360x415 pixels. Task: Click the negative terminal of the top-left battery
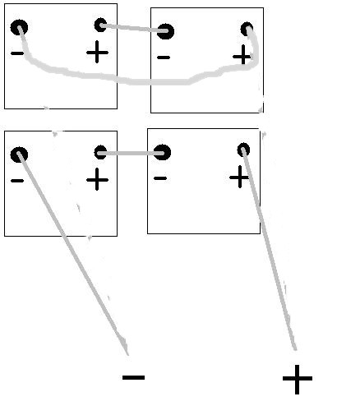click(x=19, y=27)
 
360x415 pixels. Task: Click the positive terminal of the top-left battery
click(x=100, y=25)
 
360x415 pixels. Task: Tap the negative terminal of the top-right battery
click(x=165, y=31)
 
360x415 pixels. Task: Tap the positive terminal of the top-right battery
click(x=247, y=29)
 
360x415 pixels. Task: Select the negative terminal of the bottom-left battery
click(x=19, y=154)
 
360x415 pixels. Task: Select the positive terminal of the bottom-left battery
click(x=100, y=152)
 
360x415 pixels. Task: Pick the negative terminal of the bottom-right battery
click(x=162, y=152)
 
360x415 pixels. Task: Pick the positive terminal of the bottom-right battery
click(x=243, y=150)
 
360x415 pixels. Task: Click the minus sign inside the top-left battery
click(x=17, y=53)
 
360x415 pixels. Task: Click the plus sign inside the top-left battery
click(x=97, y=52)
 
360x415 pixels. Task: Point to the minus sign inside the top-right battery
click(x=164, y=58)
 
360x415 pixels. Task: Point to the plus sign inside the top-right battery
click(x=242, y=57)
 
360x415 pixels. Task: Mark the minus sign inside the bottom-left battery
click(x=17, y=180)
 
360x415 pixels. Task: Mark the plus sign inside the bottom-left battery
click(x=97, y=179)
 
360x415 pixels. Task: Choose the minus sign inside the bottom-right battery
click(x=160, y=178)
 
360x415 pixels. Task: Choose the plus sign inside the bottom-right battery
click(x=239, y=177)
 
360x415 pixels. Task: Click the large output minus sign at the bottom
click(x=133, y=377)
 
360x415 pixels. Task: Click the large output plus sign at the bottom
click(x=298, y=379)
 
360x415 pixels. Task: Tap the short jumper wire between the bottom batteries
click(x=132, y=153)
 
